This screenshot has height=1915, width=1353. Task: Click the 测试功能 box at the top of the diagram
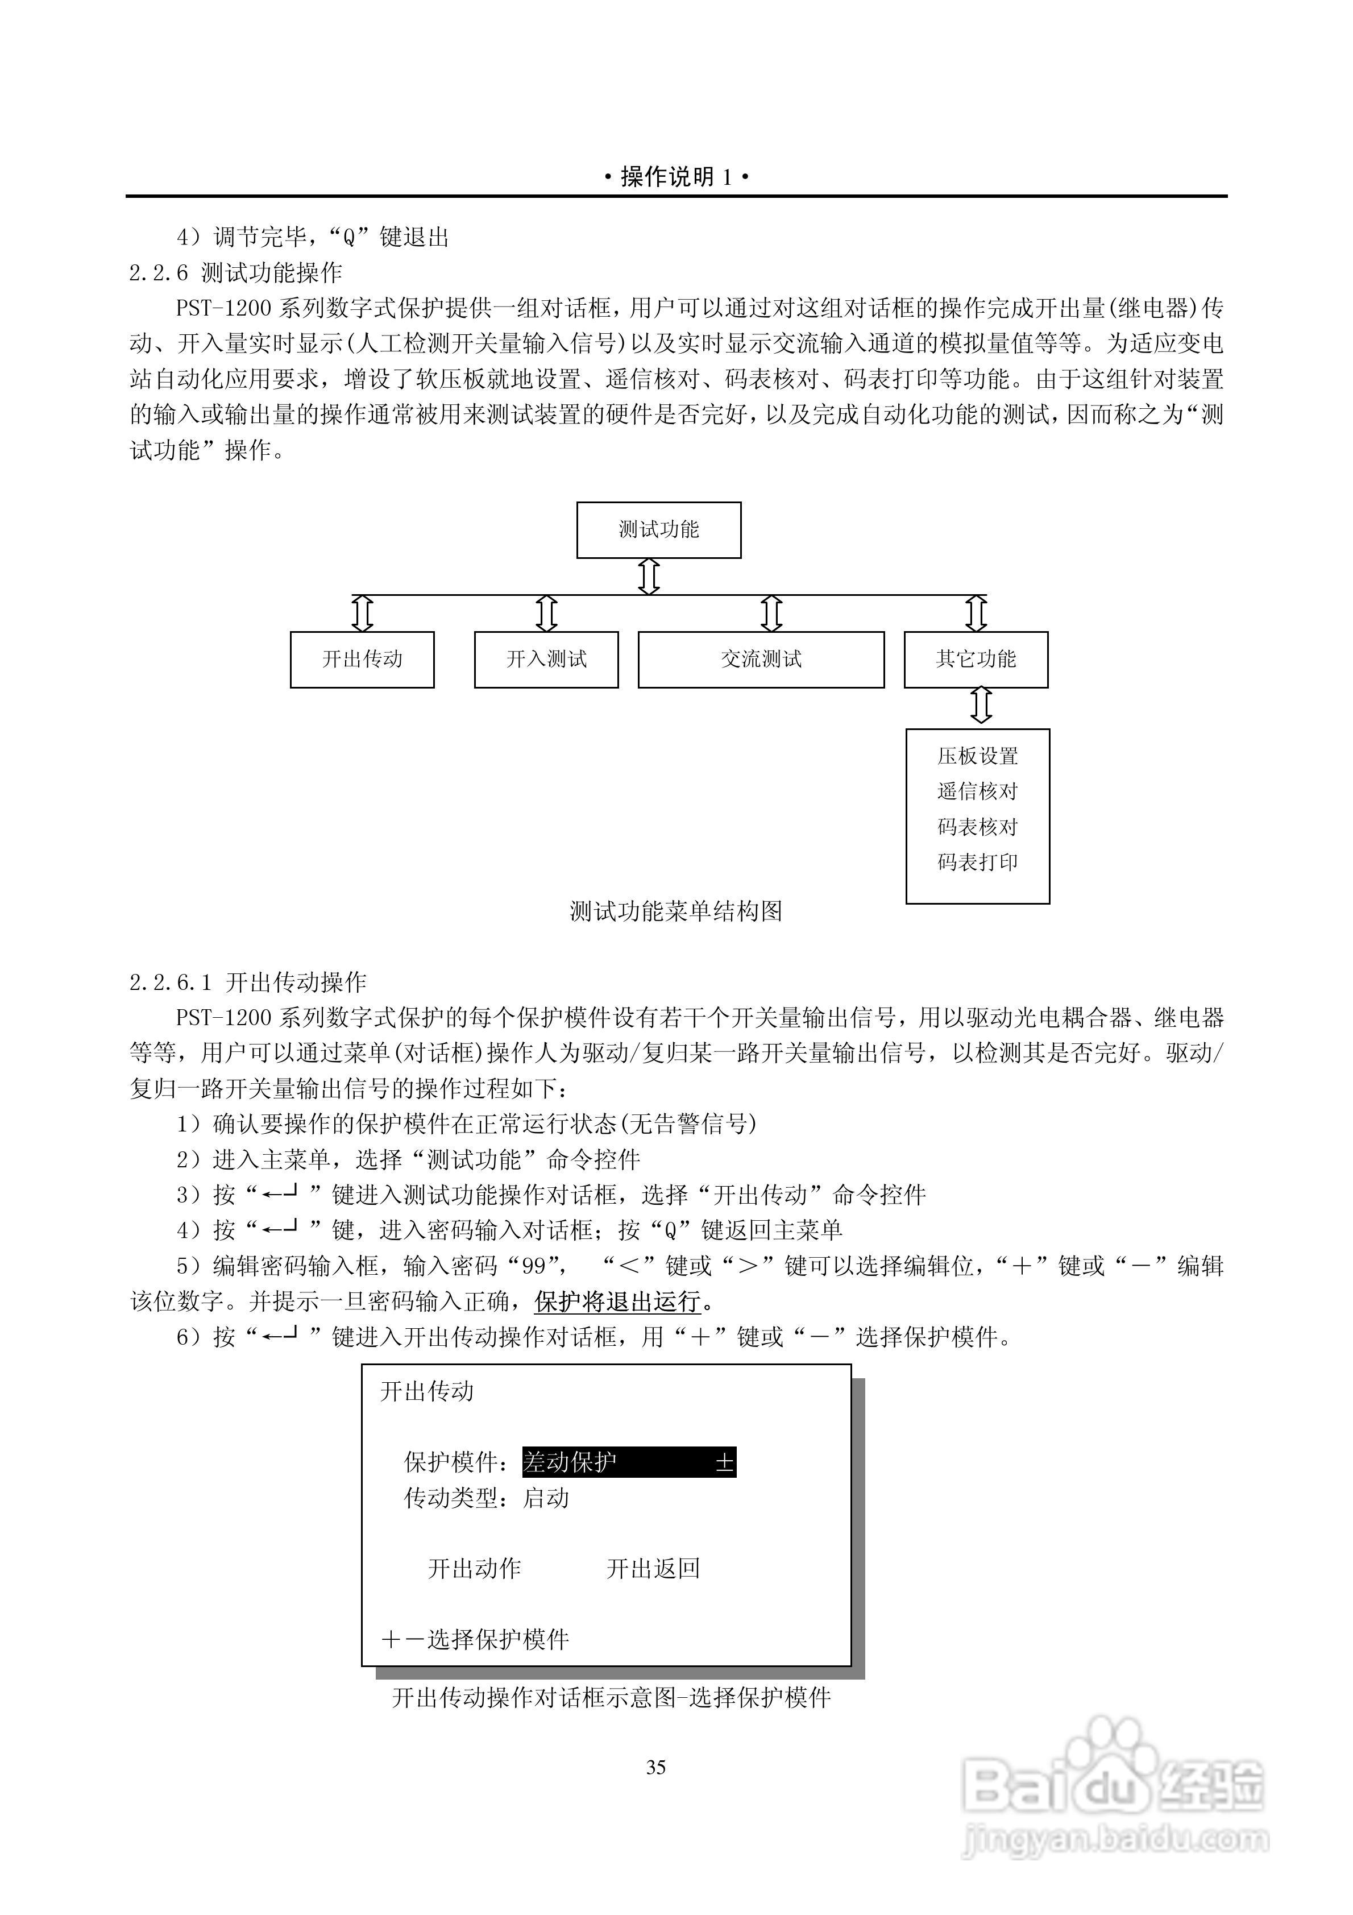point(658,529)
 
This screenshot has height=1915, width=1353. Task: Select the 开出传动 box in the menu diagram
point(362,659)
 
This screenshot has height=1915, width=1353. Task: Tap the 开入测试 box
point(546,659)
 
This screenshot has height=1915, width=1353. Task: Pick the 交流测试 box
point(761,659)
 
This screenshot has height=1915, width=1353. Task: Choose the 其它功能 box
point(976,659)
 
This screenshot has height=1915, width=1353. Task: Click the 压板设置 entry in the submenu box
point(978,756)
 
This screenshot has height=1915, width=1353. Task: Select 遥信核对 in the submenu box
point(978,791)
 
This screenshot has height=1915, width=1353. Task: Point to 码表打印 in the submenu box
point(978,861)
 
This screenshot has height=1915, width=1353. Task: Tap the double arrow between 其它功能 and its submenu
point(982,706)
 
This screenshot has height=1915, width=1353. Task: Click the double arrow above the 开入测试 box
point(546,613)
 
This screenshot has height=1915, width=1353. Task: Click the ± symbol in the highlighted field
point(724,1462)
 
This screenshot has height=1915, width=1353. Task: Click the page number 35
point(655,1767)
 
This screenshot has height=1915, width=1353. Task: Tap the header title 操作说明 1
point(676,177)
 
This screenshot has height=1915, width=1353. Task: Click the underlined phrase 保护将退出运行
point(617,1301)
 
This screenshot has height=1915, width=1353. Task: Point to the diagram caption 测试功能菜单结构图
point(676,911)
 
